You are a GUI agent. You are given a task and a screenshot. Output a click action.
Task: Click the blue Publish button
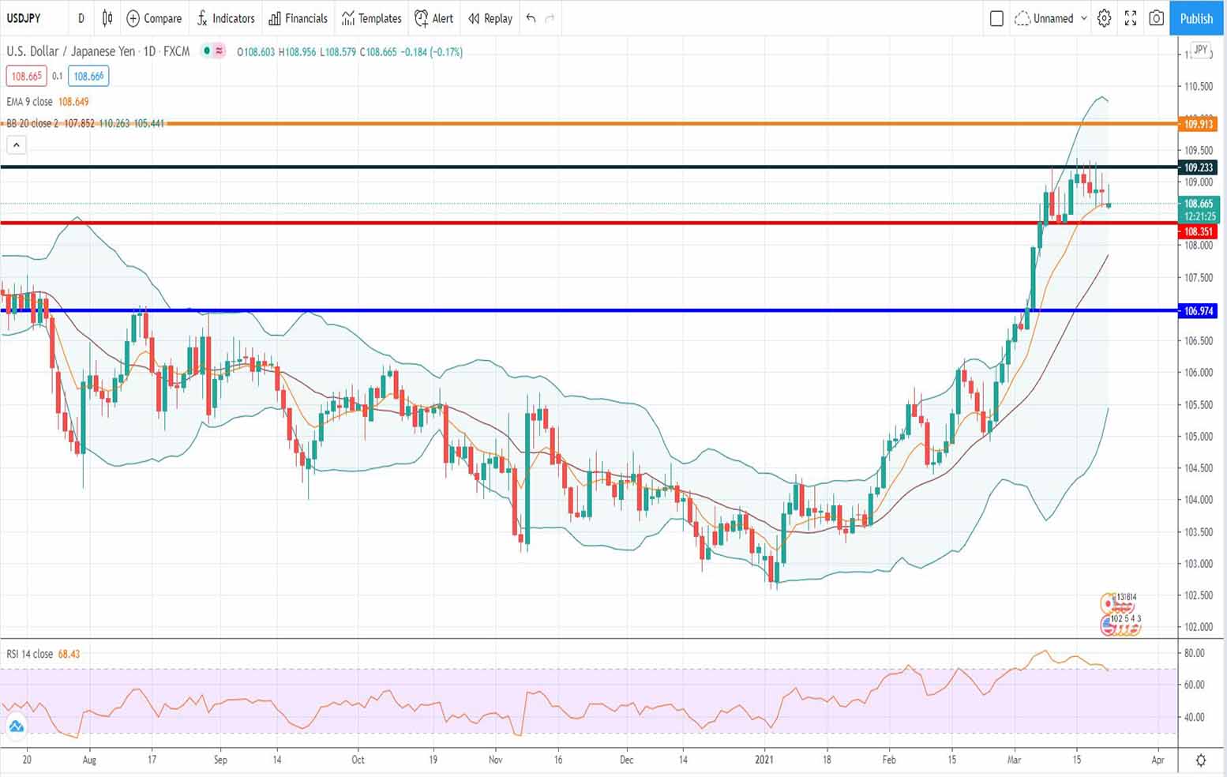1195,18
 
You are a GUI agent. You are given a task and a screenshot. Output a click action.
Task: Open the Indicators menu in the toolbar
226,18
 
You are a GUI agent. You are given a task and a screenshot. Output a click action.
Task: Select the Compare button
154,18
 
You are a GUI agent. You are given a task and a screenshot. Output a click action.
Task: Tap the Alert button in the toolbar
434,18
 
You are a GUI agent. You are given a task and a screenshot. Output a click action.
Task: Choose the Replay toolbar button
490,18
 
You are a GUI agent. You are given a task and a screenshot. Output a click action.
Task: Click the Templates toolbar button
371,18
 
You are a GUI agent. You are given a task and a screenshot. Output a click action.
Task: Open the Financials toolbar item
298,18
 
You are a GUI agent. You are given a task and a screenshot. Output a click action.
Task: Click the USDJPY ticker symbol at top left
24,18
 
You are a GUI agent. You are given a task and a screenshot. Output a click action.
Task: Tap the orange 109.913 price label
1198,124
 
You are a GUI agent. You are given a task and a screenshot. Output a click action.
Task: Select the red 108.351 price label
1198,231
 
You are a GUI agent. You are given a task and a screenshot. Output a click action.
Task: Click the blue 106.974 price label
1198,311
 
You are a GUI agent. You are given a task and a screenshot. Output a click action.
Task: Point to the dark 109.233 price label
1198,167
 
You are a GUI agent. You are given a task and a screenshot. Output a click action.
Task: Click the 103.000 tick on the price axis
1198,564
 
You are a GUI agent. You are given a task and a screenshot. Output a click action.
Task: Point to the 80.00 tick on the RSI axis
1194,653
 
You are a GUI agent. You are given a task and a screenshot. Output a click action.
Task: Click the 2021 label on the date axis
764,760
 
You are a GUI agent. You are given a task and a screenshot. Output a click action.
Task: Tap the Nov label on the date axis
495,760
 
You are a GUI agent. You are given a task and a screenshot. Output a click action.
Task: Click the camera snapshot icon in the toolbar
1156,18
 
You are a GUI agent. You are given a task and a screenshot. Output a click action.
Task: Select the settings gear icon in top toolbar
1104,18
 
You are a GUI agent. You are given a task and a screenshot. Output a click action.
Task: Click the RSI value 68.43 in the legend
69,654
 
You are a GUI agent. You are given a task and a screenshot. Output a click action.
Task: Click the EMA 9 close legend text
30,102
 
